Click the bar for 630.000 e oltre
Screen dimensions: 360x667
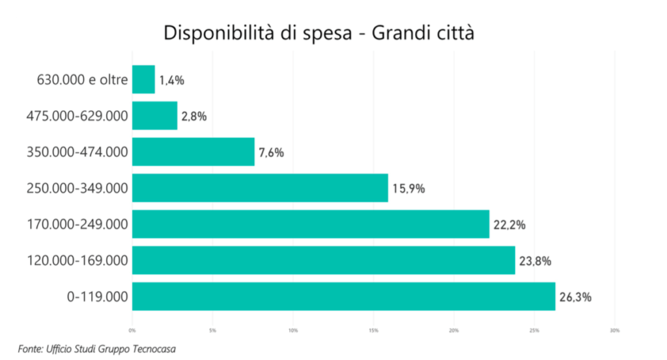[x=143, y=79]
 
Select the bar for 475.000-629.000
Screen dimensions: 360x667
[x=154, y=116]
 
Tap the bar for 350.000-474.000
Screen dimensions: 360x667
[x=193, y=152]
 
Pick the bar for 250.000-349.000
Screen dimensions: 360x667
[x=260, y=188]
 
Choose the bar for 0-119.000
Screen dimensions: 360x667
[x=343, y=297]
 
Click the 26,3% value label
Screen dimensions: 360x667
[x=575, y=298]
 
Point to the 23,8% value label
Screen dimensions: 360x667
[x=535, y=261]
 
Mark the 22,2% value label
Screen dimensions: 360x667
[x=509, y=225]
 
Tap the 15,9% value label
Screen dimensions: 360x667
[x=408, y=189]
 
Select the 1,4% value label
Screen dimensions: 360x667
[x=172, y=80]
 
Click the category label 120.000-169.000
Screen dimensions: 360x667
[x=77, y=261]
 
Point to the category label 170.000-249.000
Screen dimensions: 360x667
[x=77, y=225]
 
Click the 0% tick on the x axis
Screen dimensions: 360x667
[x=132, y=331]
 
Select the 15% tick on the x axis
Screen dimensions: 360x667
[x=373, y=331]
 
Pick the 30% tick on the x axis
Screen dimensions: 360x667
[x=614, y=331]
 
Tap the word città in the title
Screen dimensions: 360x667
[x=452, y=33]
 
